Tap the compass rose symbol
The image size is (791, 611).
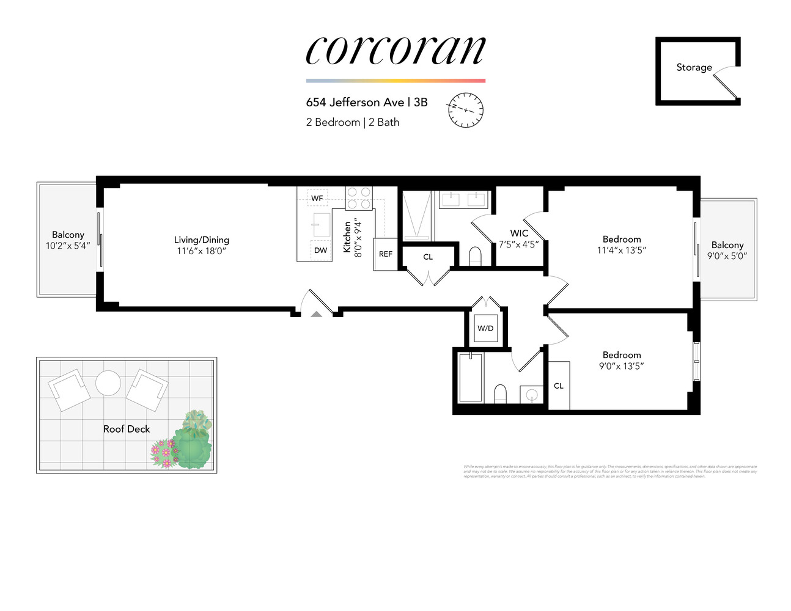click(x=466, y=110)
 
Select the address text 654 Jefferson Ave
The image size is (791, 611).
click(x=355, y=102)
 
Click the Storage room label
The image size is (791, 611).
click(x=694, y=67)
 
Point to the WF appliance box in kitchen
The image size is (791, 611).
click(x=317, y=198)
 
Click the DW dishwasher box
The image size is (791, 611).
click(x=321, y=250)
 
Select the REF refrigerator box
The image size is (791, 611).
click(x=386, y=254)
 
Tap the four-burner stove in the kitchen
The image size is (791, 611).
click(x=359, y=198)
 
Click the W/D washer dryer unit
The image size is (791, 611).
click(x=485, y=328)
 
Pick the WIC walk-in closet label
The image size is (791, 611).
click(x=519, y=233)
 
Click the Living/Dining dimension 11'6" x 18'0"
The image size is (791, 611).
click(x=202, y=251)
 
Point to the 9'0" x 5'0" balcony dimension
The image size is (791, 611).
click(x=727, y=256)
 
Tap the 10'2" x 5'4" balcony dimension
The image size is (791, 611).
click(x=68, y=246)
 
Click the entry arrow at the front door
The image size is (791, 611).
click(x=316, y=314)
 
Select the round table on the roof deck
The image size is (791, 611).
click(x=108, y=384)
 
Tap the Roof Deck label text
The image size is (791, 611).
click(x=127, y=429)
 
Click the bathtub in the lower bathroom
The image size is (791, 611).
click(x=471, y=377)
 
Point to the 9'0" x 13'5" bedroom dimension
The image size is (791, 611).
click(x=622, y=366)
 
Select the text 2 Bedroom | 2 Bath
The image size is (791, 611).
click(x=353, y=122)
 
